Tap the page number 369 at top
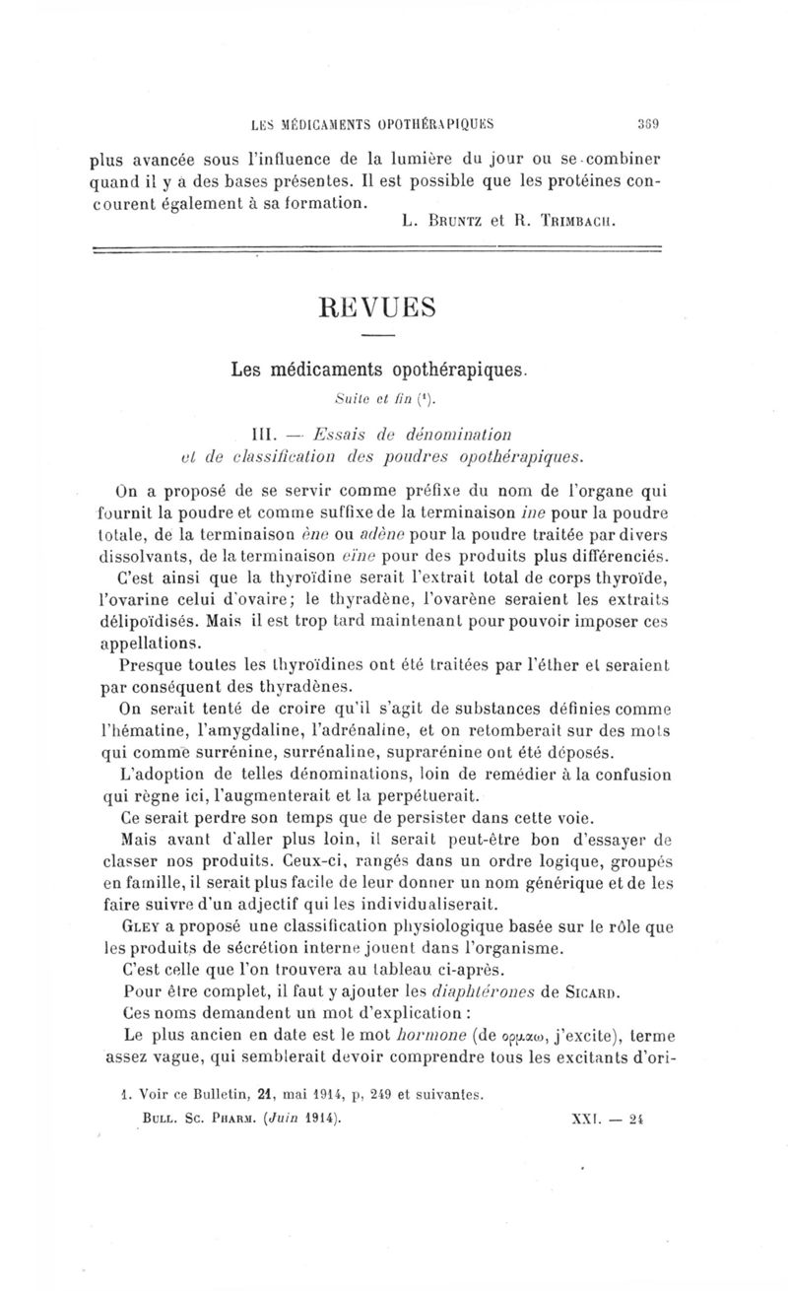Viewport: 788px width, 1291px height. point(645,125)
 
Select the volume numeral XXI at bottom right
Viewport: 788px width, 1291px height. point(584,1120)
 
